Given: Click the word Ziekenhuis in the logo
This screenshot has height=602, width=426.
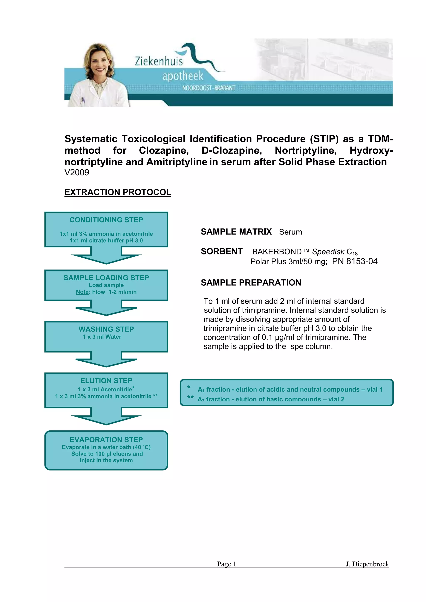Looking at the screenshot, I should point(159,61).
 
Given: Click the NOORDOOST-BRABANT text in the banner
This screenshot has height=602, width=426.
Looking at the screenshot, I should point(209,88).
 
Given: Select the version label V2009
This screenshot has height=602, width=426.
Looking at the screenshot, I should point(77,173).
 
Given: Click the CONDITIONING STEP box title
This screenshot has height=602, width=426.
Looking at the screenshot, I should point(106,220).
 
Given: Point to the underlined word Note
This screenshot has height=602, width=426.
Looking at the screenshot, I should point(82,292).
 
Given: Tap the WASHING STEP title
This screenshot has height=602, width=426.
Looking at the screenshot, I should point(106,329).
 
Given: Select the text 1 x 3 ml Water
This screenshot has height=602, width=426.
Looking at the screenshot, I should point(102,337).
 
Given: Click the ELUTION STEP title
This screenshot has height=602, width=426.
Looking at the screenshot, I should point(106,380).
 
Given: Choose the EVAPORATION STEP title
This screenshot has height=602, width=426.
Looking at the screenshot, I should point(106,439).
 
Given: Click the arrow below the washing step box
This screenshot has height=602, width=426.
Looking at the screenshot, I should point(106,361).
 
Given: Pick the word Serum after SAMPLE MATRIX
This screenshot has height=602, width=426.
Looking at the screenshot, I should point(290,232).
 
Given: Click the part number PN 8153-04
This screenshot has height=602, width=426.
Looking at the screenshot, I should point(355,261).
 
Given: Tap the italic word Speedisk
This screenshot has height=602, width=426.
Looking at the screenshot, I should point(328,252).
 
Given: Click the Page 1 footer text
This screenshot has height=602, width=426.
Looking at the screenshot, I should point(226,564).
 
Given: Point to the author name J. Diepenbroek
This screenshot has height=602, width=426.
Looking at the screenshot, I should point(367,564).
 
